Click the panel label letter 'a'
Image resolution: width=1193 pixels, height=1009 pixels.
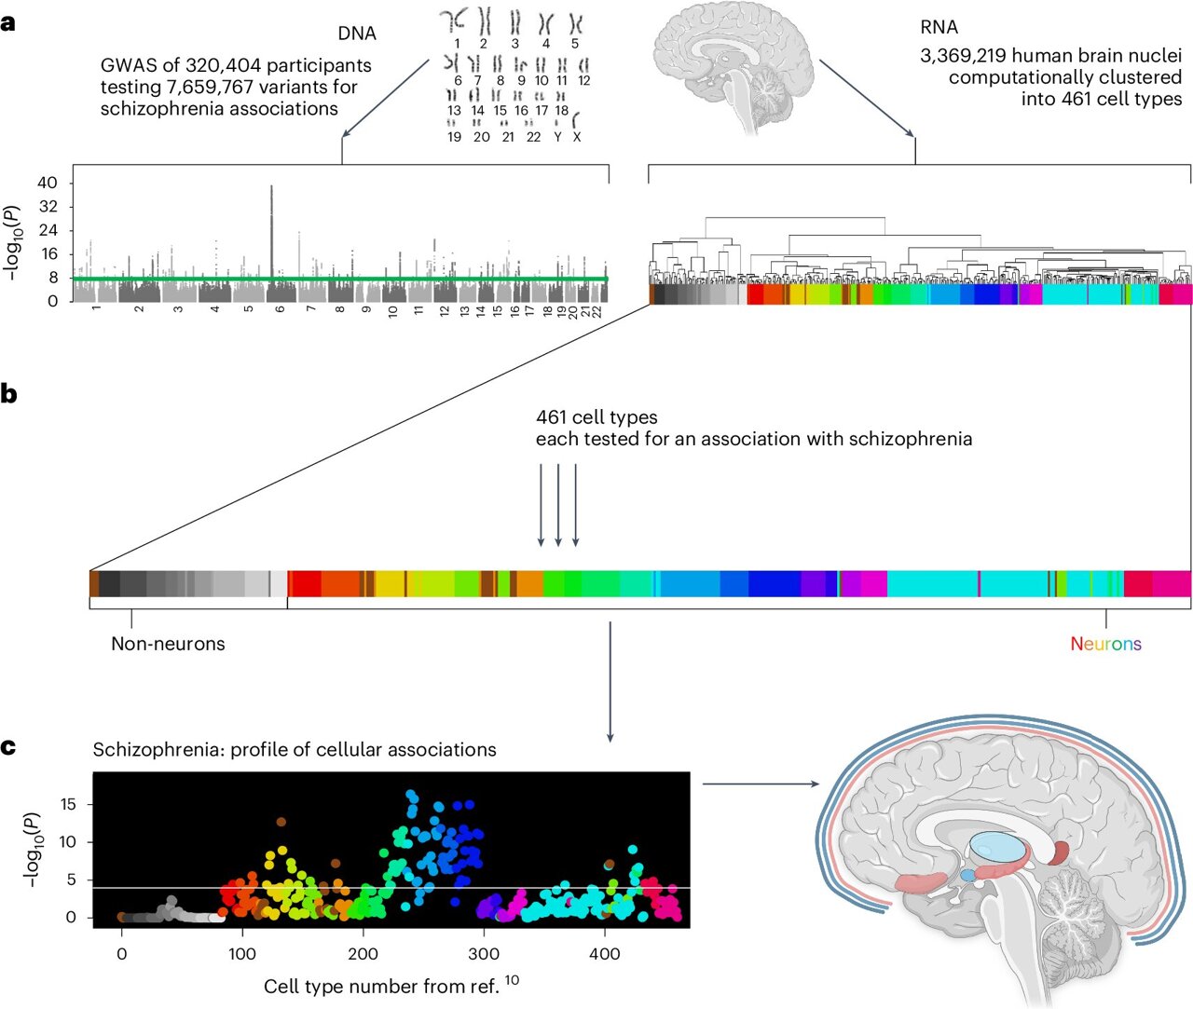coord(8,23)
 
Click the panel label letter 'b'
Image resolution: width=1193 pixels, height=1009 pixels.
coord(8,394)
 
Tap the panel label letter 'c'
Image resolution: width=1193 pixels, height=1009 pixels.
coord(8,747)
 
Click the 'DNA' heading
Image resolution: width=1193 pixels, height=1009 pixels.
coord(357,34)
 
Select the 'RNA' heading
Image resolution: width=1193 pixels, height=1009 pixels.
coord(939,28)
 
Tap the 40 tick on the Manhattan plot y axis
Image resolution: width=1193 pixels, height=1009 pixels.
coord(48,183)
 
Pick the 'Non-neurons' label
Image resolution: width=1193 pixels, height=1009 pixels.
coord(168,644)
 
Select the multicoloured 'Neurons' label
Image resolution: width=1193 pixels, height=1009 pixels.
coord(1105,644)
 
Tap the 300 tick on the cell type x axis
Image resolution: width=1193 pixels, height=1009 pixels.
coord(484,954)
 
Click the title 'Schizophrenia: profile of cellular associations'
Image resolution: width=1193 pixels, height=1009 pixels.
coord(295,750)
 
